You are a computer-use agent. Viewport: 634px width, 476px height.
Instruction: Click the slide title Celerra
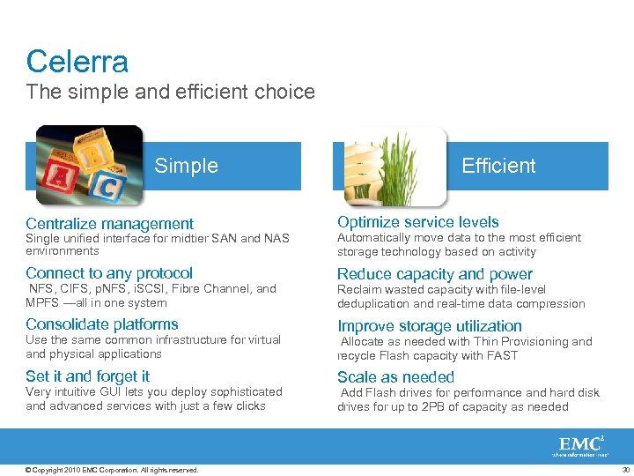click(77, 62)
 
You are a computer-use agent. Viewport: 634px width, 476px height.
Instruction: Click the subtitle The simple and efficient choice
click(170, 92)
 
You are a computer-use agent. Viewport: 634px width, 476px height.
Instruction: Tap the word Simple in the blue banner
click(186, 166)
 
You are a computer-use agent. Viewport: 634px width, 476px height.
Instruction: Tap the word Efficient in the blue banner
click(498, 166)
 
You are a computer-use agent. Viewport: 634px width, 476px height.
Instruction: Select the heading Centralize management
click(109, 224)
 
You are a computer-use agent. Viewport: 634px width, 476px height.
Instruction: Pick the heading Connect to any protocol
click(109, 273)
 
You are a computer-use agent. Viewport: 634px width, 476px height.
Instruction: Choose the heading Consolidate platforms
click(102, 324)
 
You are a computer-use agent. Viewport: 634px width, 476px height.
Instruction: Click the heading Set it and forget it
click(88, 376)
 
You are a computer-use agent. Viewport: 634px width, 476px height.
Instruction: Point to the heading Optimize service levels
click(417, 222)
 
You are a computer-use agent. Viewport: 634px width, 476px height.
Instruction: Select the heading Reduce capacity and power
click(435, 274)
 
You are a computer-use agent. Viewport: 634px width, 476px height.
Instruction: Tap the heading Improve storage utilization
click(430, 326)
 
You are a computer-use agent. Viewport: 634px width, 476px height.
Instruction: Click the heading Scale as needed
click(395, 377)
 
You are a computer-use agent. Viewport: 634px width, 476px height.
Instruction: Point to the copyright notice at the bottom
click(112, 470)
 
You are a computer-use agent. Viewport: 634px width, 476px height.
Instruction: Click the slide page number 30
click(625, 470)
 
